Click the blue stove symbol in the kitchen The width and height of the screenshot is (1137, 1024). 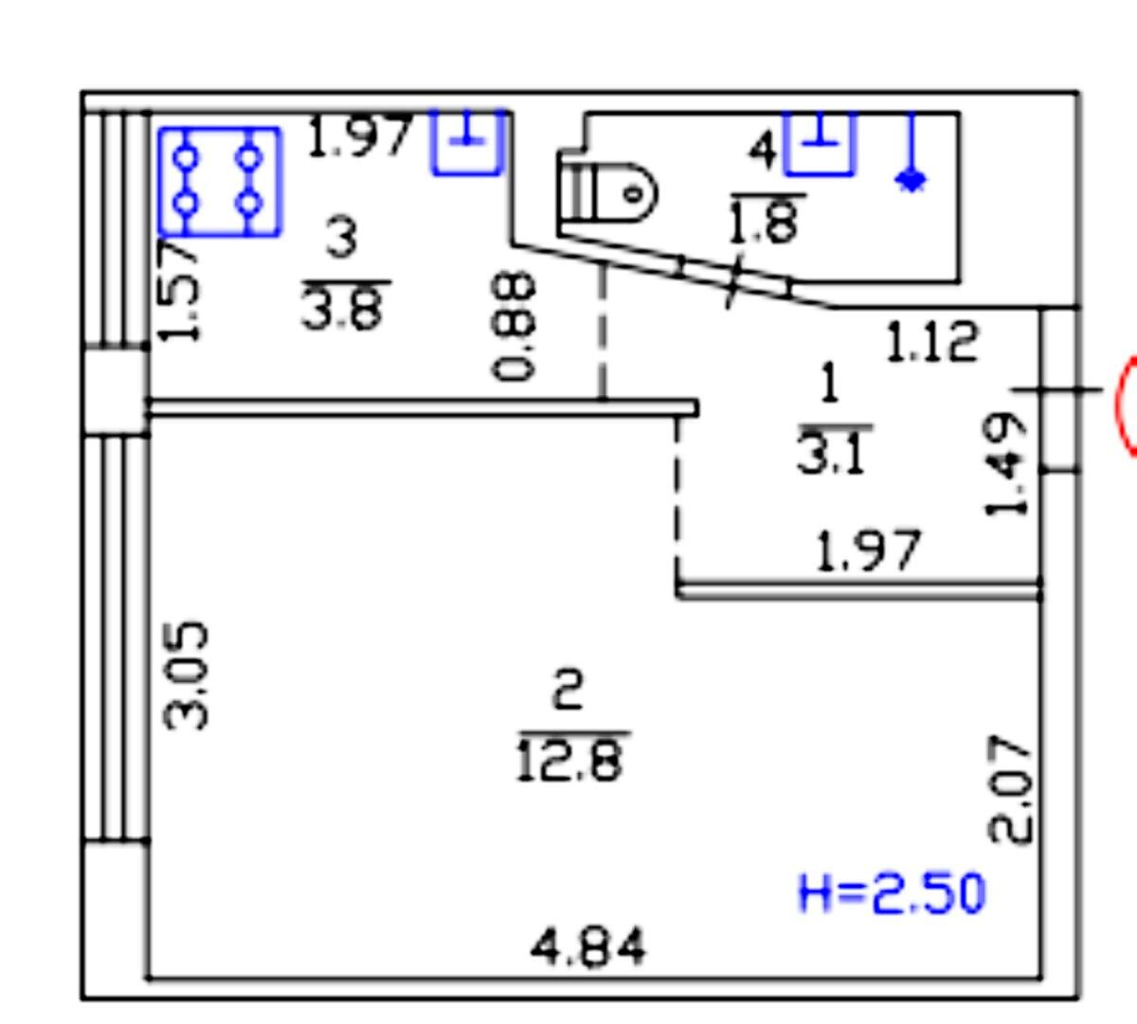[x=220, y=181]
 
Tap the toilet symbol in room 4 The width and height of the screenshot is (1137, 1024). [x=606, y=192]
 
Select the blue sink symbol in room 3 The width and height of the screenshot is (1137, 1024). [x=468, y=142]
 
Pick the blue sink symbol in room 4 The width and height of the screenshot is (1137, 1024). [x=820, y=143]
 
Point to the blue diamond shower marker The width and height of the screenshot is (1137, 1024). [x=911, y=181]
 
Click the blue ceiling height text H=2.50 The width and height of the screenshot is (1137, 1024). [x=892, y=893]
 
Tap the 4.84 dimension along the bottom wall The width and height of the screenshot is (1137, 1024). [x=587, y=946]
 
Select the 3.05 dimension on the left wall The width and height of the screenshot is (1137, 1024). [x=186, y=676]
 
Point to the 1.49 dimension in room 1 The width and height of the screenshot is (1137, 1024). [x=1006, y=465]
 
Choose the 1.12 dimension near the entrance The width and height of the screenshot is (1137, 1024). [x=932, y=341]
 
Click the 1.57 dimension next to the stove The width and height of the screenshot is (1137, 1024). [x=179, y=290]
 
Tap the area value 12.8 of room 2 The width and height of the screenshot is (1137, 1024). [x=570, y=762]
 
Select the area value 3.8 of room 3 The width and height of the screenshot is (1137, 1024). [x=344, y=308]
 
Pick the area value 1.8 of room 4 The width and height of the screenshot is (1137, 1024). [x=765, y=222]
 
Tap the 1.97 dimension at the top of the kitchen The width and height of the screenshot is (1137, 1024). [x=359, y=136]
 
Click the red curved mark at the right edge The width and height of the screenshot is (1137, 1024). [x=1127, y=405]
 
